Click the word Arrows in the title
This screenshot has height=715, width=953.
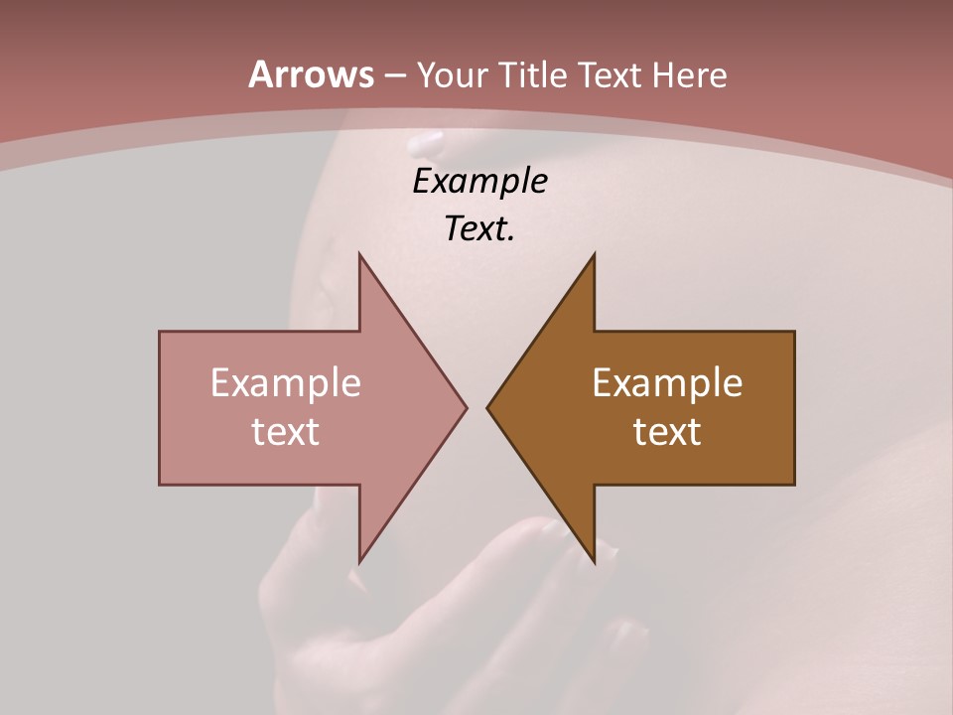(x=311, y=74)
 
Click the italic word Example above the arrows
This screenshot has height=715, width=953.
(x=479, y=182)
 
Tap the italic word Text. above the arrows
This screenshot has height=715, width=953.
(x=479, y=229)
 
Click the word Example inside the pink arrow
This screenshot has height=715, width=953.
(x=286, y=382)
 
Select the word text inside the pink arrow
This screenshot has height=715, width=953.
(x=286, y=431)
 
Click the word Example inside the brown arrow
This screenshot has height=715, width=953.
(x=667, y=382)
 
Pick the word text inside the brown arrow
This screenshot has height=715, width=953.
(x=667, y=431)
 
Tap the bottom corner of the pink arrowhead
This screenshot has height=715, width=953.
(x=359, y=561)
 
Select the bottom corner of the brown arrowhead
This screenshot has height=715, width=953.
(x=594, y=561)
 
